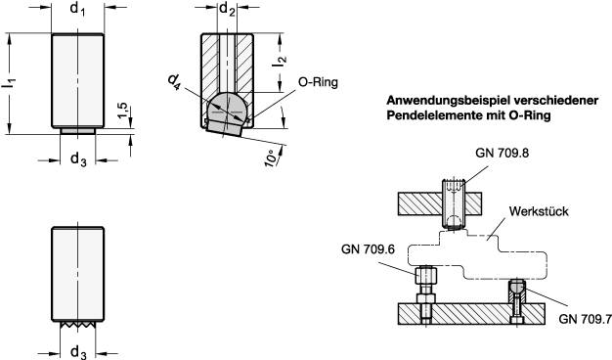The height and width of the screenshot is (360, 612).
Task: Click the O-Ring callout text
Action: point(317,83)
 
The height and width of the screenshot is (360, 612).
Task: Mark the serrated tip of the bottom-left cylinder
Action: point(78,322)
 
